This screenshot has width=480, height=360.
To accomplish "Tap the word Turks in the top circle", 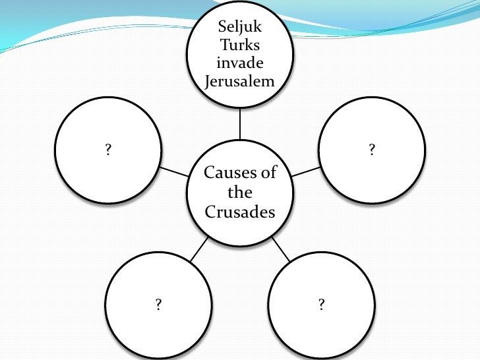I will click(x=240, y=46).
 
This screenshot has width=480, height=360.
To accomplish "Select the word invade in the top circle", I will click(x=240, y=64).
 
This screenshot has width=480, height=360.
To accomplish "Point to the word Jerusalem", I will click(x=240, y=81).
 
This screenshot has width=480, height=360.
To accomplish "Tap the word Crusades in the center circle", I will click(x=240, y=212).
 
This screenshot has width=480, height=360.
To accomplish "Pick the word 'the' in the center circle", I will click(x=240, y=193).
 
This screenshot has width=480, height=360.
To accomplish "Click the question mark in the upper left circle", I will click(x=108, y=150).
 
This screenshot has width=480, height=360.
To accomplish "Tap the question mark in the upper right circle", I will click(x=372, y=150).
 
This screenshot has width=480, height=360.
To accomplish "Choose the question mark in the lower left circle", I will click(x=159, y=304).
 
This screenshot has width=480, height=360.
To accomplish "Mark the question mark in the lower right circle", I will click(x=322, y=304).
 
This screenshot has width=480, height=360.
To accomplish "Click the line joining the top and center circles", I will click(x=240, y=123).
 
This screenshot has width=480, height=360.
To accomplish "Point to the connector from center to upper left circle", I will click(x=174, y=171).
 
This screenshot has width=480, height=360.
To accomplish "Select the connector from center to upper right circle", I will click(x=306, y=171).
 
